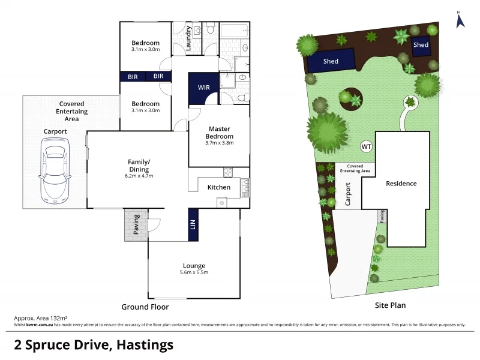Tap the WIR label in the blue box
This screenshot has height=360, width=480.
tap(203, 88)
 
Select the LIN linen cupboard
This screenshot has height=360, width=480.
tap(193, 224)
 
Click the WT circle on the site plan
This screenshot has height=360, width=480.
tap(365, 146)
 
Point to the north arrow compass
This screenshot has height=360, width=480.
tap(460, 20)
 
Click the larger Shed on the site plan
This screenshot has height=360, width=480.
tap(330, 61)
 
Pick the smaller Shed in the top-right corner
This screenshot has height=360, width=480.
tap(421, 45)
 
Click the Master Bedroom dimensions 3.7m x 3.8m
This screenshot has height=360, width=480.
tap(219, 143)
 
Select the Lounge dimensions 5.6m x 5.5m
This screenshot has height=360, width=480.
tap(194, 272)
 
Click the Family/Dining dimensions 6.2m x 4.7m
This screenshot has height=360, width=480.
tap(139, 176)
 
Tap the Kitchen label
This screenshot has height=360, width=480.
tap(218, 187)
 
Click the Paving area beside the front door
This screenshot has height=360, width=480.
tap(136, 225)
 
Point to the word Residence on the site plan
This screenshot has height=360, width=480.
tap(401, 184)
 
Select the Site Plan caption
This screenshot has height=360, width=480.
tap(390, 305)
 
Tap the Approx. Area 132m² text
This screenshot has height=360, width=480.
tap(40, 317)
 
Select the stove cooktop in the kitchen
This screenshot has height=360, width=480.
tap(228, 173)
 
